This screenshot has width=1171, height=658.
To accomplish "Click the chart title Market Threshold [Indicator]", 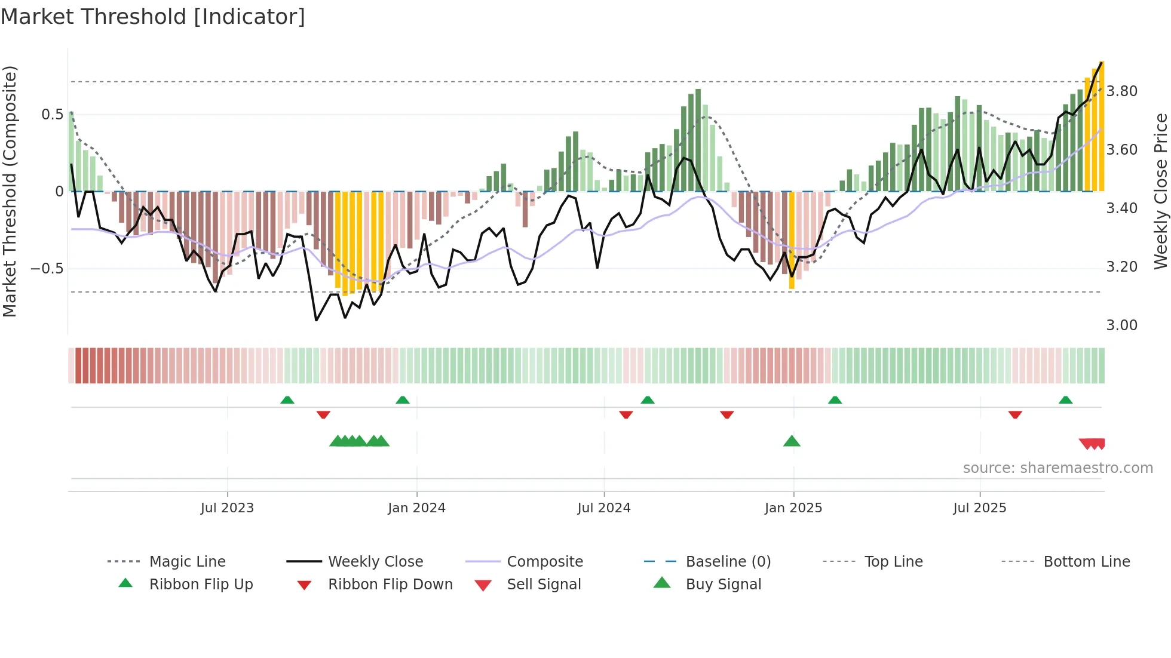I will click(153, 17).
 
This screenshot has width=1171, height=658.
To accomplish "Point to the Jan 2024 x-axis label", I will click(416, 508).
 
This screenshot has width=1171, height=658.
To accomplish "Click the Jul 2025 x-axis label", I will click(979, 508).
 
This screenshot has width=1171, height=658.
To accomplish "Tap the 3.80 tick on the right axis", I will click(1121, 91).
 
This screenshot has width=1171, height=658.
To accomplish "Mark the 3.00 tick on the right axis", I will click(1121, 325).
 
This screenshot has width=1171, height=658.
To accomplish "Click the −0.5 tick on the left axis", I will click(47, 269).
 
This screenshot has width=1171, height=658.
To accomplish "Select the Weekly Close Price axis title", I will click(1160, 191).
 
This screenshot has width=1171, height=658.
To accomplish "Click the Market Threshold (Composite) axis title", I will click(10, 191).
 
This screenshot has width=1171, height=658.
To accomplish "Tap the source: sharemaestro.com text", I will click(1057, 468).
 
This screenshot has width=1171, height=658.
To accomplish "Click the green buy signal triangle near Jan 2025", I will click(792, 441).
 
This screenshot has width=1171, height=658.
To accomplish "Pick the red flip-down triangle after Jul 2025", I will click(1015, 414).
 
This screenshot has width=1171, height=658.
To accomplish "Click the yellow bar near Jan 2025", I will click(792, 239).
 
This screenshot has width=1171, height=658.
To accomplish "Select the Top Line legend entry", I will click(893, 562).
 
